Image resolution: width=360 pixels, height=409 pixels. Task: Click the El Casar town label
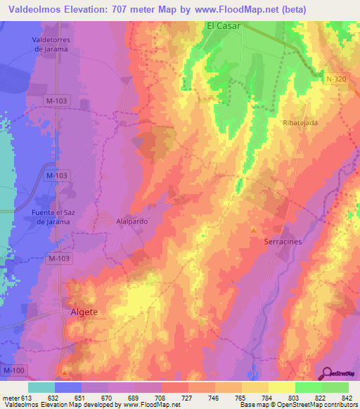tap(223, 25)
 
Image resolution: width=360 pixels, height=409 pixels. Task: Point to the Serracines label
tap(283, 241)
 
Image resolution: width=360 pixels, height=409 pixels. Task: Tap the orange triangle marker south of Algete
tap(66, 371)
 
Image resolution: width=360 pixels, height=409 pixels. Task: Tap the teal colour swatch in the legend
tap(41, 387)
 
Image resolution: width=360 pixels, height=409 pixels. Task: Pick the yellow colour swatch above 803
tap(281, 387)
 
